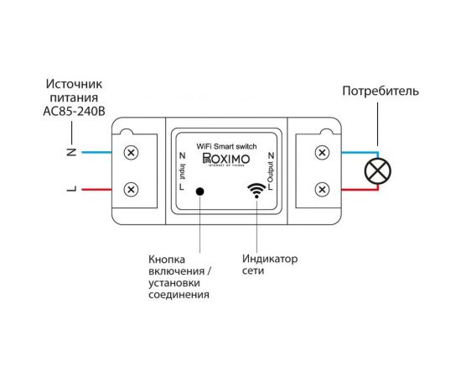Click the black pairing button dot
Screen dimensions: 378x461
click(x=200, y=192)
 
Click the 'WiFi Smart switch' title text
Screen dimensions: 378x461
click(x=227, y=145)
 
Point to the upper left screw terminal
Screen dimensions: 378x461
click(x=132, y=153)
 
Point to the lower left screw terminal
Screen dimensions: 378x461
click(x=132, y=189)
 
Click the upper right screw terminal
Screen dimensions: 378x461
click(x=321, y=153)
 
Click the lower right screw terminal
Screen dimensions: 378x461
click(x=321, y=189)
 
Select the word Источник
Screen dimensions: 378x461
click(x=72, y=84)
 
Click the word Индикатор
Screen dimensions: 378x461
click(x=269, y=259)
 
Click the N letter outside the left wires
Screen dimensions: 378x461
click(x=72, y=153)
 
